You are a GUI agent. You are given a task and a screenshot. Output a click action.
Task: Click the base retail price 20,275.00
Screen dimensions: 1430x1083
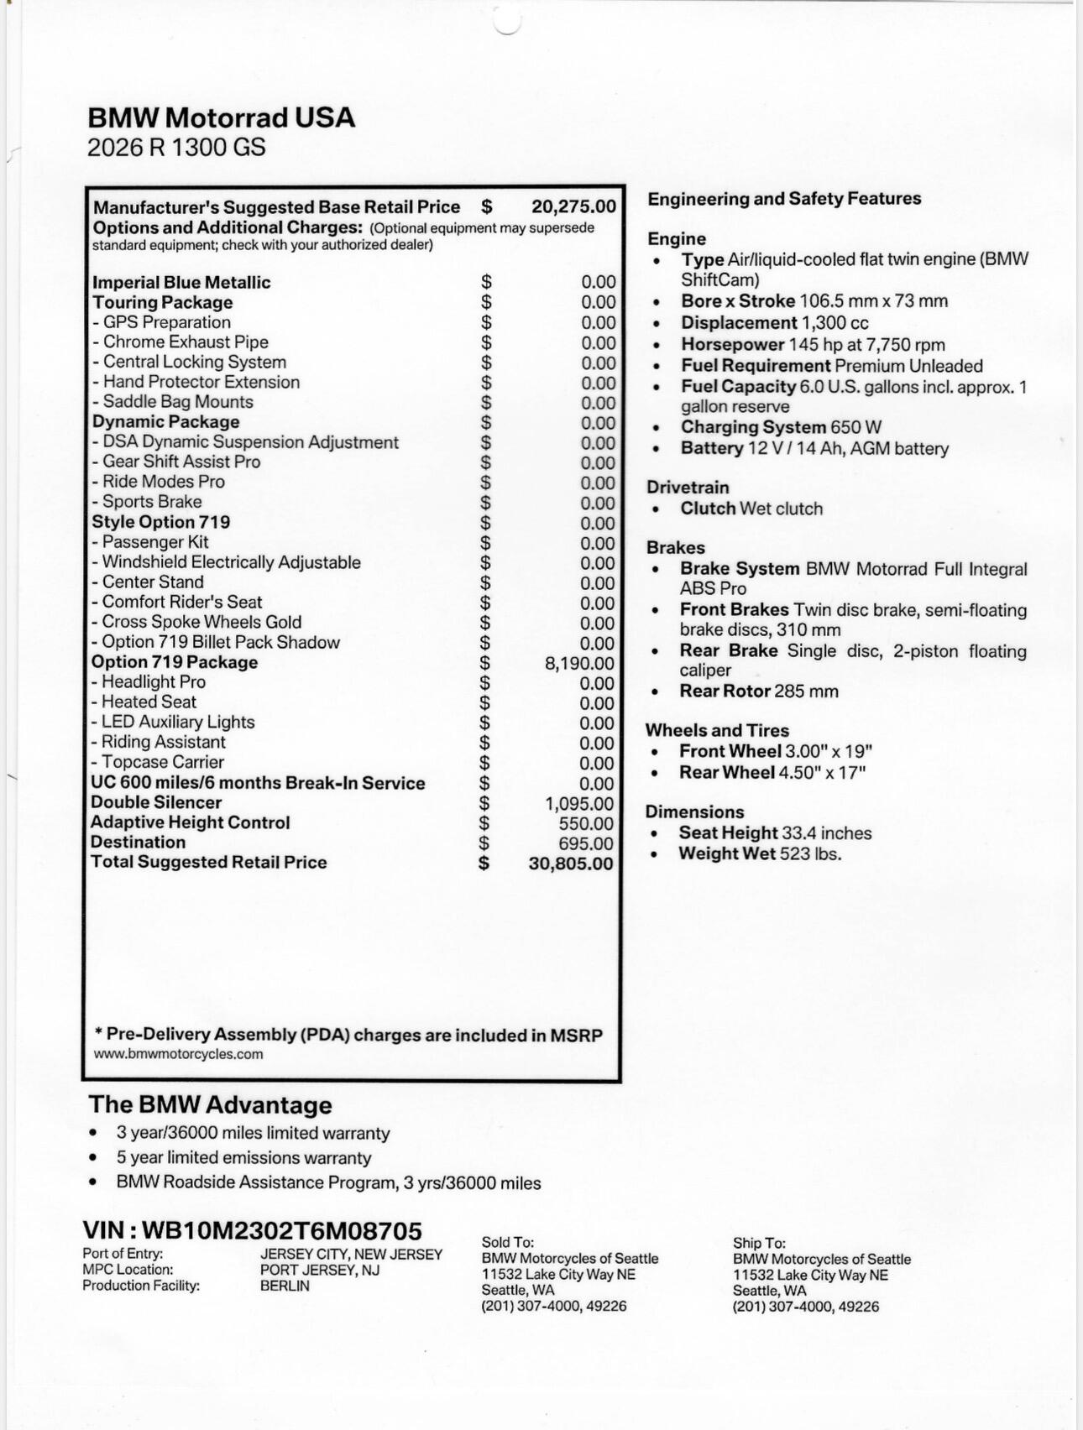573,206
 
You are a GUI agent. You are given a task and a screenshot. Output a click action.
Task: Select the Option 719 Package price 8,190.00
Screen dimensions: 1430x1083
579,663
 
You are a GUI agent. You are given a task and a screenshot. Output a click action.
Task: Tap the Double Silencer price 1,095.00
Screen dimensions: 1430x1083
579,803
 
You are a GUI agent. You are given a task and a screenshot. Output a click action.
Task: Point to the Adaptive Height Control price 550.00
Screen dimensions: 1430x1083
585,823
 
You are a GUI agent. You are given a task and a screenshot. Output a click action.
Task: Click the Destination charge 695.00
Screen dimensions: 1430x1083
585,843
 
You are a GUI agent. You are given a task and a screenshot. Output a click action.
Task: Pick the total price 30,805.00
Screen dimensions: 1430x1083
571,864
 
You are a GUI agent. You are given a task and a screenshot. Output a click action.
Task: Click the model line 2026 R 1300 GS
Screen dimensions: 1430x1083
176,148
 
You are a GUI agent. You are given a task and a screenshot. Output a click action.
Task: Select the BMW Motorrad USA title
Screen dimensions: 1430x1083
222,117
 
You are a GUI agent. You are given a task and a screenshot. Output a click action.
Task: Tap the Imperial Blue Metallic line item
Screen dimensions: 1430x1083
181,282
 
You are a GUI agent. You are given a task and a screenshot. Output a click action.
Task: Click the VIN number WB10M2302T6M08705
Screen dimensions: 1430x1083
281,1230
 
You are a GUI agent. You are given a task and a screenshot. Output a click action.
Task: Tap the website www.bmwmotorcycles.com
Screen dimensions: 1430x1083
178,1054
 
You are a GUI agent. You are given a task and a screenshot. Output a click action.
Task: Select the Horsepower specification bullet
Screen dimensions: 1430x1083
813,344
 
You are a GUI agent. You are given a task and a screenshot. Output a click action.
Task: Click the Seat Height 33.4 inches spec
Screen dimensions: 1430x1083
775,832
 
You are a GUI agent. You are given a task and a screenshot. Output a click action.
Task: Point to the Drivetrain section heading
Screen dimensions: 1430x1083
688,488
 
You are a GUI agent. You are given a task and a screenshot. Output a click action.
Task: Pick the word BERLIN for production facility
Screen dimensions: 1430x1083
285,1286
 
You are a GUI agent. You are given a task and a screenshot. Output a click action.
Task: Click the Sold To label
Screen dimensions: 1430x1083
507,1242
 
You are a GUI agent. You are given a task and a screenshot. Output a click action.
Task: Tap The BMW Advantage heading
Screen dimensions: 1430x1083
210,1104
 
